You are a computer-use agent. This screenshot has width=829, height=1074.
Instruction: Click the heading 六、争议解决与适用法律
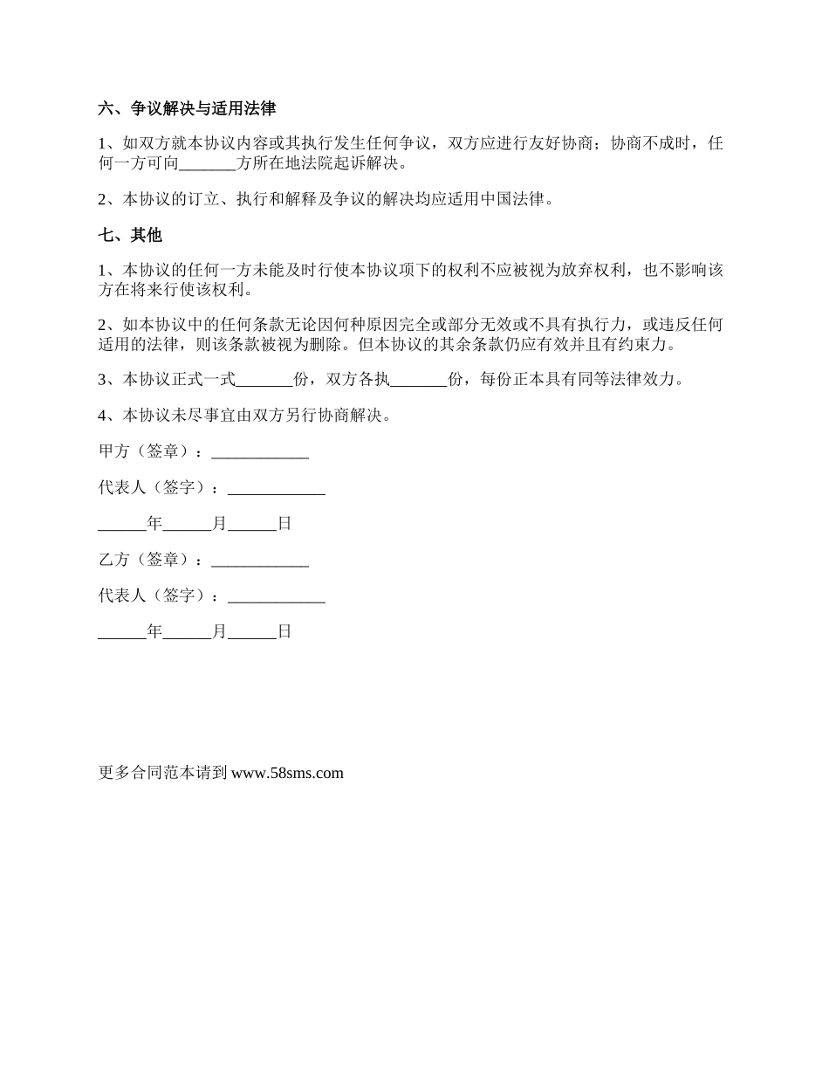coord(187,109)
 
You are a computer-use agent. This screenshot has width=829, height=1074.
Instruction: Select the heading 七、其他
coord(130,236)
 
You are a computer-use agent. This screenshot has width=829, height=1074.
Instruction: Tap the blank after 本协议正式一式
coord(265,380)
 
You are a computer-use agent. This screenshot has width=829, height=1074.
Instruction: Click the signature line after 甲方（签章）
coord(260,452)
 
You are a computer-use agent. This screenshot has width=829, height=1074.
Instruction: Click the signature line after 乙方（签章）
coord(260,560)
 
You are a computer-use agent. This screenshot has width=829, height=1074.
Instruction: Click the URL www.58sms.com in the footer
coord(288,773)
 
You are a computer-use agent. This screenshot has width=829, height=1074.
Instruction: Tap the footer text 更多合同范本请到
coord(163,773)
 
